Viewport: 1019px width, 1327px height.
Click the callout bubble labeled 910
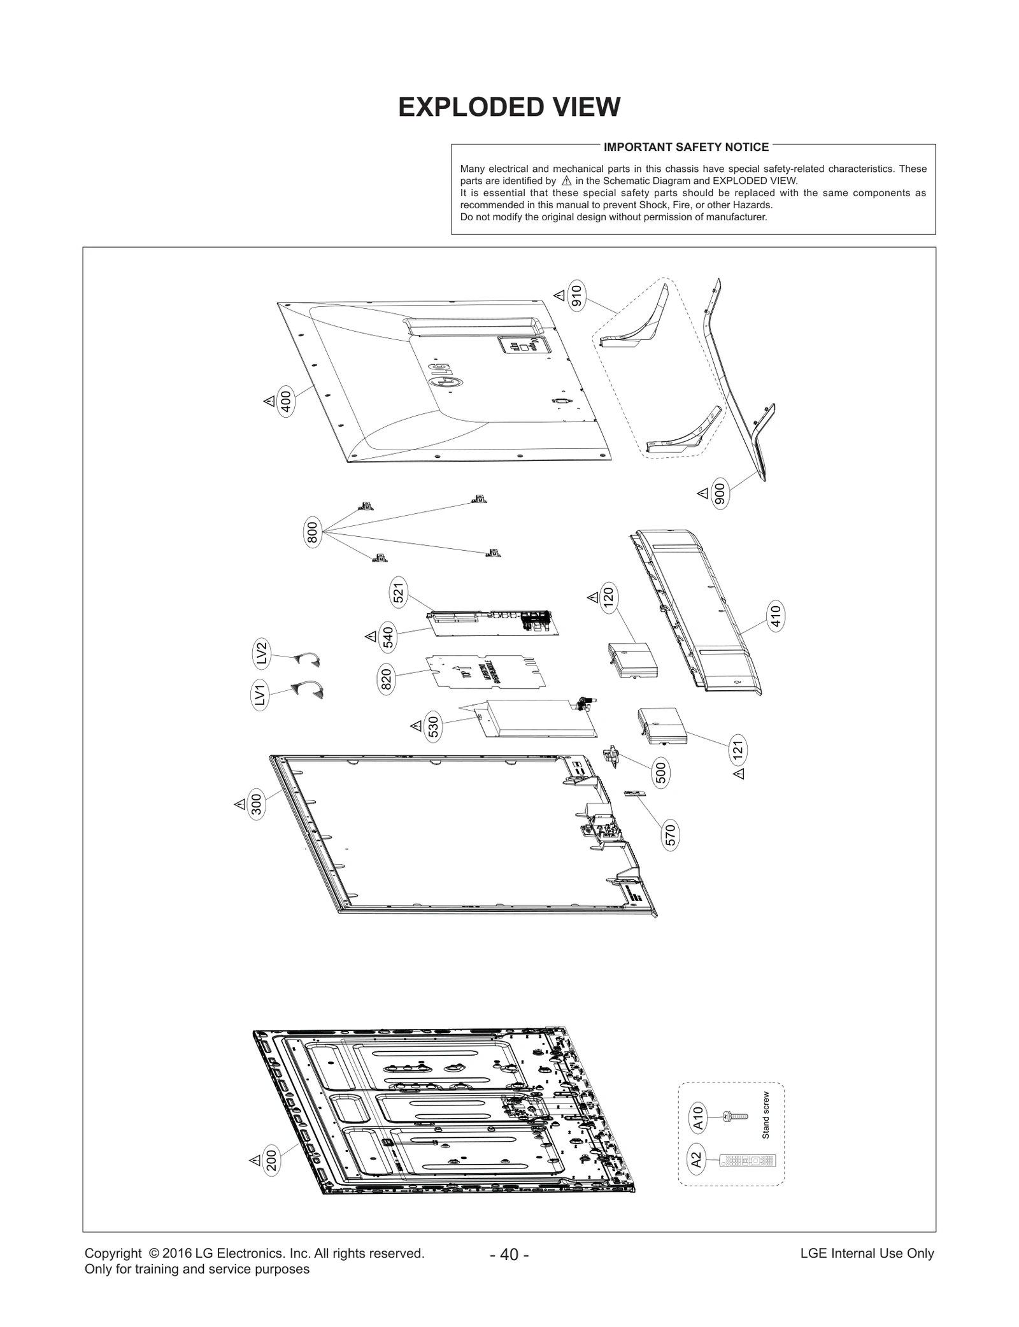576,297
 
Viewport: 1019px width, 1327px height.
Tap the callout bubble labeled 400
286,402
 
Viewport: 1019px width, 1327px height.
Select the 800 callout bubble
312,533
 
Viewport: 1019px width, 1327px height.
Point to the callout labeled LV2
261,653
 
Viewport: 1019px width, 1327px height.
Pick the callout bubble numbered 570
670,835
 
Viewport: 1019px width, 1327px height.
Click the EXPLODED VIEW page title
509,107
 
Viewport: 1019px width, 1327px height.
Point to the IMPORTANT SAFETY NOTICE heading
686,147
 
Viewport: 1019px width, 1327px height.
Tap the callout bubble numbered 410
776,616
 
